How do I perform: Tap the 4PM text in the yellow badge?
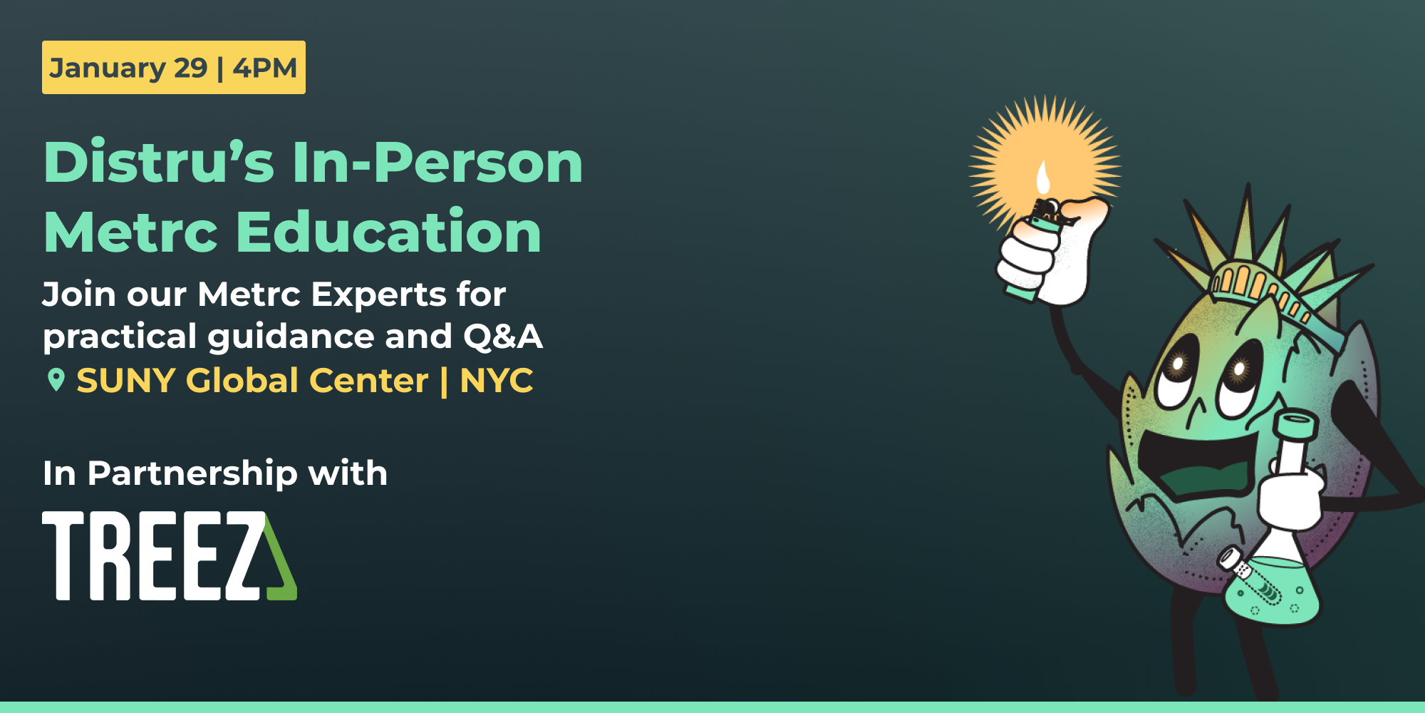click(x=265, y=68)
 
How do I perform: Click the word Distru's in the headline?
click(x=158, y=163)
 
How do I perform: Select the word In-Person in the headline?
click(x=437, y=163)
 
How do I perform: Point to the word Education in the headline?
click(x=389, y=232)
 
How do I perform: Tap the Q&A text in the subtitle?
click(x=503, y=337)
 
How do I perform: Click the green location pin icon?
click(x=56, y=380)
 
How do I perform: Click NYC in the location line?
click(x=497, y=380)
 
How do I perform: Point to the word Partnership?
click(x=192, y=473)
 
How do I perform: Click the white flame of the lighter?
click(x=1043, y=178)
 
